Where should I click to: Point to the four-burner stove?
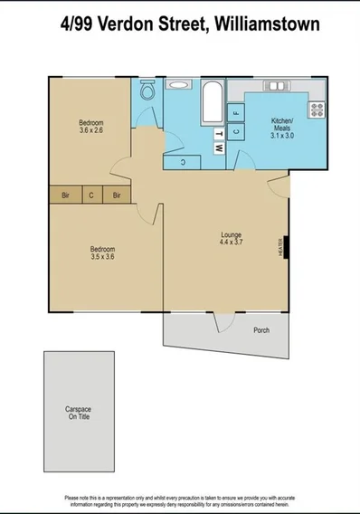(317, 109)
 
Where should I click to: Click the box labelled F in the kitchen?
(235, 112)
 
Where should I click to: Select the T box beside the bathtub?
(218, 132)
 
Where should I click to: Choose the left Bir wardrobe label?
(65, 195)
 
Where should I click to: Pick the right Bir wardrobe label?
(118, 195)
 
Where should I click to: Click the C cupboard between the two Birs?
(91, 195)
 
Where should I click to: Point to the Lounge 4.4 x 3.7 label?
(232, 239)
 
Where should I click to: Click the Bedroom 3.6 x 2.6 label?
(91, 126)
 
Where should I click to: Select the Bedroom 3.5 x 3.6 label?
(102, 252)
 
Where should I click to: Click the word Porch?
(261, 330)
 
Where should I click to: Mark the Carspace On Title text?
(79, 413)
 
